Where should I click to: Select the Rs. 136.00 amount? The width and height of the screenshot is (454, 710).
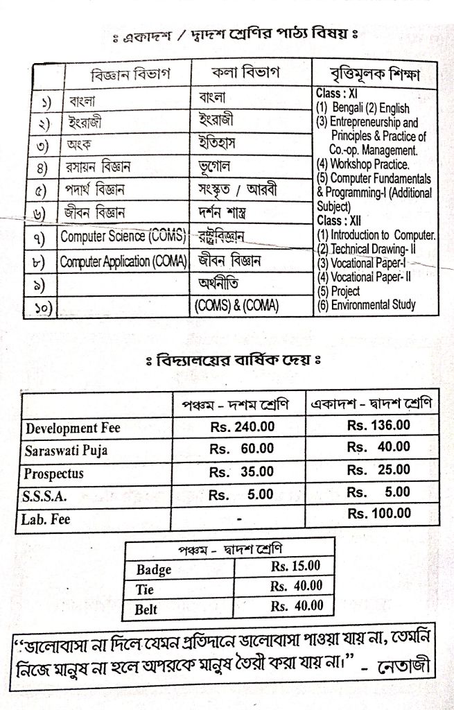click(378, 424)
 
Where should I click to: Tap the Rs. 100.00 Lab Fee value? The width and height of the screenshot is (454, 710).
click(378, 514)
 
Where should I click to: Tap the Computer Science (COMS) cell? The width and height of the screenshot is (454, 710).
click(123, 236)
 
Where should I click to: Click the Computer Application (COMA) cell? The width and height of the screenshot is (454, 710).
click(123, 261)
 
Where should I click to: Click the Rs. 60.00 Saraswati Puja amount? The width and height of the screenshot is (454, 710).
click(241, 449)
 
